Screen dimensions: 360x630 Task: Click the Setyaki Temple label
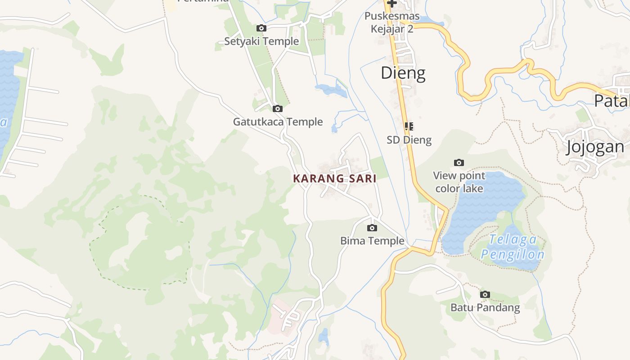[261, 41]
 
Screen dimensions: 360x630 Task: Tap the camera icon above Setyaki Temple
[261, 28]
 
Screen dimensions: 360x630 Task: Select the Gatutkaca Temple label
[278, 121]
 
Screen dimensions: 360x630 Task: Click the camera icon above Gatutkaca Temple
[278, 108]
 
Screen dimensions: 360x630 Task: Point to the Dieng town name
[403, 73]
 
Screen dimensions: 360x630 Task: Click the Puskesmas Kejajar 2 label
[391, 22]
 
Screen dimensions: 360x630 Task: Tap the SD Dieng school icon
[409, 126]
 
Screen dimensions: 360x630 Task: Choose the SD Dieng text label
[409, 140]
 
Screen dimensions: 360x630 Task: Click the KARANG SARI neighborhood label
[334, 179]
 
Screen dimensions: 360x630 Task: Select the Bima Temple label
[372, 241]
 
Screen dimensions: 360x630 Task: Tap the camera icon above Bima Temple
[372, 228]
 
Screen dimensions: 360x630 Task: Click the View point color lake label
[459, 182]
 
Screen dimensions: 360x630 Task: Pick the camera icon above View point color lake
[459, 162]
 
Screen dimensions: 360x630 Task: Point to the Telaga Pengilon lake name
[513, 247]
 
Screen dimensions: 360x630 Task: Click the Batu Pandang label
[485, 308]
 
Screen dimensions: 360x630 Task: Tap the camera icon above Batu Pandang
[485, 295]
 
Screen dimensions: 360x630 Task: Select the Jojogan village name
[595, 147]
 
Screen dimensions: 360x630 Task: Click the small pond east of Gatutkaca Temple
[332, 90]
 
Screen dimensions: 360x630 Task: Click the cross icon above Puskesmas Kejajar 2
[391, 3]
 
